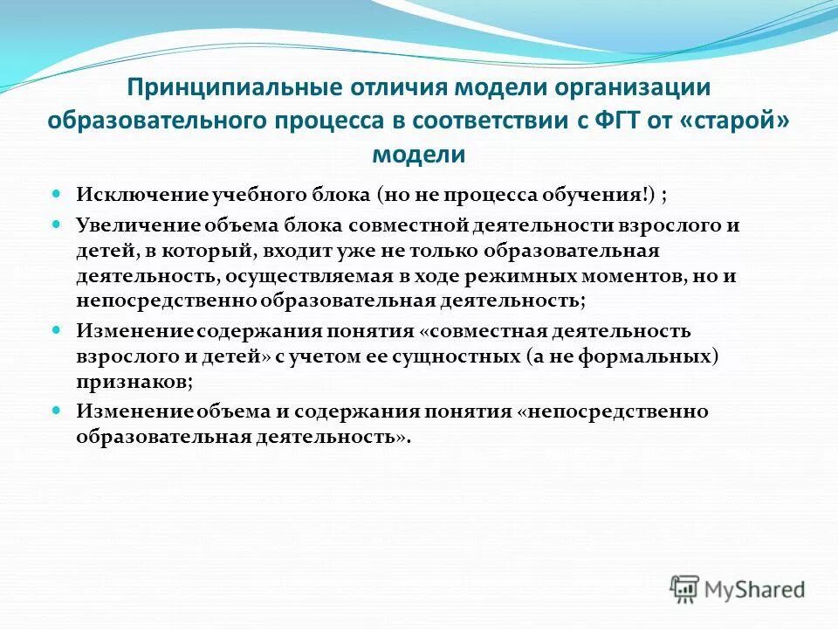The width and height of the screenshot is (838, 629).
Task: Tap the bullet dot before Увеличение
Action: coord(57,223)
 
